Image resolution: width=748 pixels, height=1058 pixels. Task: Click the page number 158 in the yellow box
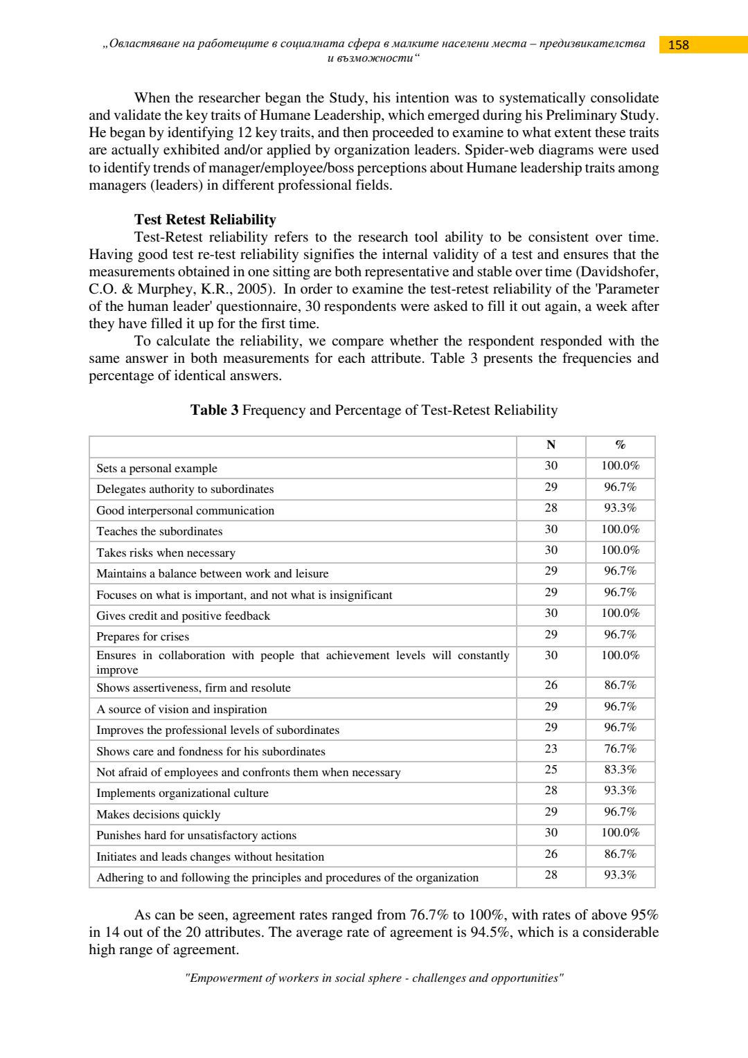pos(678,45)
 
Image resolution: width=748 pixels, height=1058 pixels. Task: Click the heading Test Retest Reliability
pos(205,219)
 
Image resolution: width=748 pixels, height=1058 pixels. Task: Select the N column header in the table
pos(551,445)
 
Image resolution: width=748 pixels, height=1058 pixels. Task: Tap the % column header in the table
pos(620,445)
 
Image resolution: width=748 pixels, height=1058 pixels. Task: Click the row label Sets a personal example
pos(157,469)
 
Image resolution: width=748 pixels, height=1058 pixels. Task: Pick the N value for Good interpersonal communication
pos(551,508)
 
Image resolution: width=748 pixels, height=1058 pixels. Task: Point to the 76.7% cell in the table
pos(620,749)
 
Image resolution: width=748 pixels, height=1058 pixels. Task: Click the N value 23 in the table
pos(551,749)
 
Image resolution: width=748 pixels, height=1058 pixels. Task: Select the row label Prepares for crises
pos(143,637)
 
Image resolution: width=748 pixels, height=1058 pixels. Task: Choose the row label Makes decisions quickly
pos(158,815)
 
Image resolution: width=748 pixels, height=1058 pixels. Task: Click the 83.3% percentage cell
pos(620,770)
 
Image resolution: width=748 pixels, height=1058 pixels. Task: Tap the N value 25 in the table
pos(551,770)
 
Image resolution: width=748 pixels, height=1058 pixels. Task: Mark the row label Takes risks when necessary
pos(166,553)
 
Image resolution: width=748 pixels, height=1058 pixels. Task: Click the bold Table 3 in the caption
pos(214,411)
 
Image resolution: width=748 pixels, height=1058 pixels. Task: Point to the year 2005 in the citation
pos(253,289)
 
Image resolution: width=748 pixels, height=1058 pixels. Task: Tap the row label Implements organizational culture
pos(182,793)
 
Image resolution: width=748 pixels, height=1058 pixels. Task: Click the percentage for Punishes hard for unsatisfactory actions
pos(620,833)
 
